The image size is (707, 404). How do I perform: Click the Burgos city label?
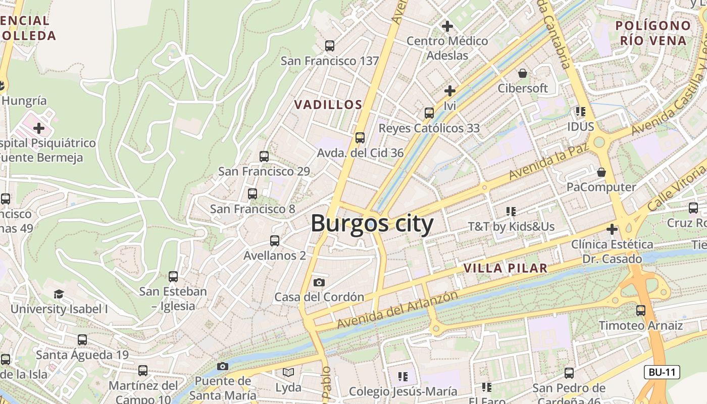(x=372, y=223)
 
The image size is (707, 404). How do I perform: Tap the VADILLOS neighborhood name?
(x=328, y=105)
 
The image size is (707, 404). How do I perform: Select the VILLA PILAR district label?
(x=506, y=268)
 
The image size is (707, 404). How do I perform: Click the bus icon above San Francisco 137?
(x=330, y=46)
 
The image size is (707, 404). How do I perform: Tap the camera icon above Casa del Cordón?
(x=319, y=282)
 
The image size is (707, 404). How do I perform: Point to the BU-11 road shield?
(x=662, y=373)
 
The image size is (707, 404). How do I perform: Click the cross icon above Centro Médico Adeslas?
(x=447, y=26)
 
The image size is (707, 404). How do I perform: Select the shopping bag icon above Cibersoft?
(x=522, y=73)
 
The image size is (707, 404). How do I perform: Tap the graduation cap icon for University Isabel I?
(x=59, y=294)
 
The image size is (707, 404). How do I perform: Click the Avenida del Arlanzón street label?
(x=397, y=309)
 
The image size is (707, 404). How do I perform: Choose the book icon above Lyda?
(x=288, y=373)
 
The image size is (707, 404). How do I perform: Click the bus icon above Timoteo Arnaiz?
(x=641, y=311)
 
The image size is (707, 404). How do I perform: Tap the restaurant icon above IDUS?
(x=580, y=111)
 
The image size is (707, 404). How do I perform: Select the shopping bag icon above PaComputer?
(x=601, y=172)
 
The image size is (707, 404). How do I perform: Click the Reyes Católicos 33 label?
(x=429, y=128)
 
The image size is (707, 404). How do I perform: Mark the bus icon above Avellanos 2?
(x=275, y=241)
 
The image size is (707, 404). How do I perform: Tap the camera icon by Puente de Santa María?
(x=223, y=366)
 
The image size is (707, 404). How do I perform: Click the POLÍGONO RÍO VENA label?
(x=653, y=33)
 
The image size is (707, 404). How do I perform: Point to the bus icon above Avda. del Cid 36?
(x=360, y=137)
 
